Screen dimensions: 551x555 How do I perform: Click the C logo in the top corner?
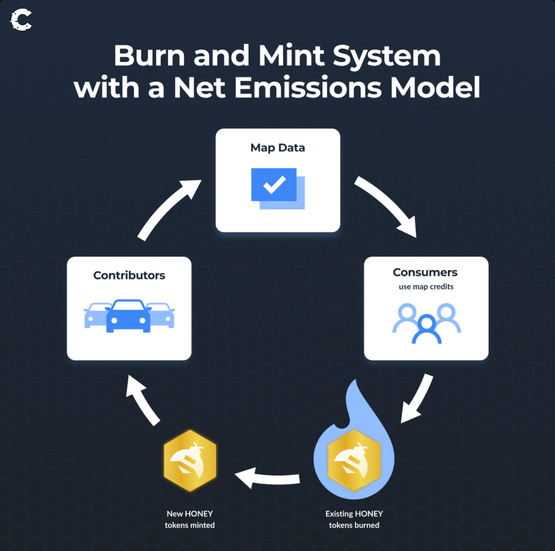[21, 20]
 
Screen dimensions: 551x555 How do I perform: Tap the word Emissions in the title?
[308, 88]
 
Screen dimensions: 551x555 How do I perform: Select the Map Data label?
[277, 148]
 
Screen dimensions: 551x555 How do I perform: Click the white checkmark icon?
[274, 184]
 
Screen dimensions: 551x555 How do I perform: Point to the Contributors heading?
[129, 275]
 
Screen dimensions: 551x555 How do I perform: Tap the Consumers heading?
[425, 272]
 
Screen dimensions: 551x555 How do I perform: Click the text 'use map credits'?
[426, 287]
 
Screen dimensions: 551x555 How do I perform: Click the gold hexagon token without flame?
[190, 460]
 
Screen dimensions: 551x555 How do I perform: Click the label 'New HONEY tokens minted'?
[190, 519]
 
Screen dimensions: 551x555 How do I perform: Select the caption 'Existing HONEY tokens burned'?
[354, 519]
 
